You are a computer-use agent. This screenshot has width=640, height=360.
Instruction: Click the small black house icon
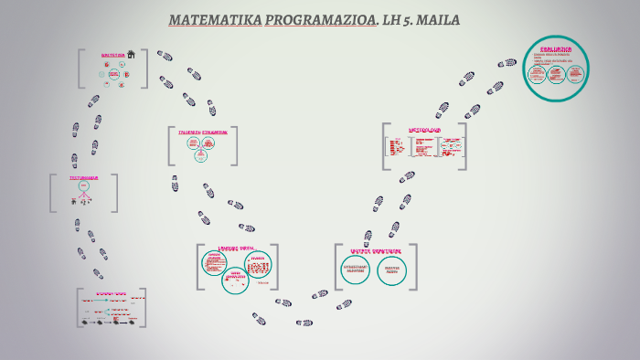coord(131,55)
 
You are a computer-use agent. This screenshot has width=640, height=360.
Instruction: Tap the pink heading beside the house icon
coord(112,55)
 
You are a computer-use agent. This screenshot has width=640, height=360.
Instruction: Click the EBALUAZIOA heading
coord(556,48)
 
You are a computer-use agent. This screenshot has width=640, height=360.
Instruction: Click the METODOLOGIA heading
coord(424,130)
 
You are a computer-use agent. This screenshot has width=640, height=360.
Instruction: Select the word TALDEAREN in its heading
coord(190,132)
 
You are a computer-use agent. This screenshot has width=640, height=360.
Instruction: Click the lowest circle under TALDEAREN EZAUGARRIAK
coord(200,154)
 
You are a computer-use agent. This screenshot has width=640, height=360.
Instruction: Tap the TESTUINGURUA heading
coord(83,178)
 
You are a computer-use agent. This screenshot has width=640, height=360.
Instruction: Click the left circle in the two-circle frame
coord(356,270)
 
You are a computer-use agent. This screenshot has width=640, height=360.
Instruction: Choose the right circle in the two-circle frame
coord(392,270)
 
